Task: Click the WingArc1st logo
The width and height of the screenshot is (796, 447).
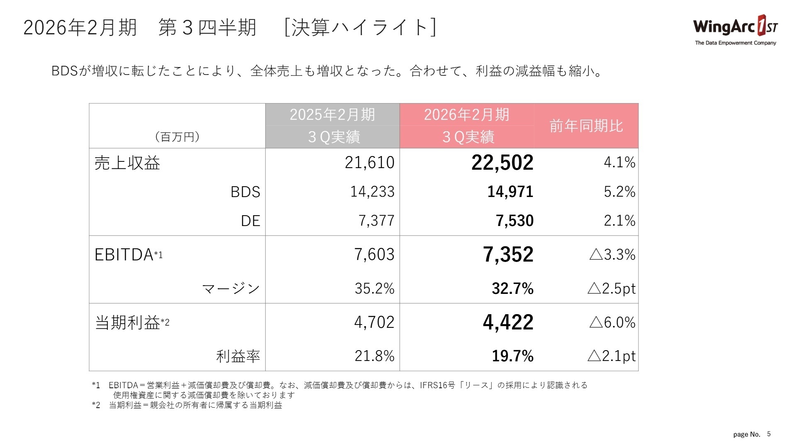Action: [735, 30]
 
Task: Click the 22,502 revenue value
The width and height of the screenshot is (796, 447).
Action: [502, 162]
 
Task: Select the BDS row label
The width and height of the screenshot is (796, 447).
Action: [245, 192]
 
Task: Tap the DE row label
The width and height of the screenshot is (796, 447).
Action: [250, 221]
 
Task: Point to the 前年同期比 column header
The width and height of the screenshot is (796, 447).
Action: [586, 126]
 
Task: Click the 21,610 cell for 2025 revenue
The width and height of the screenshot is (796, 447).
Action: [369, 162]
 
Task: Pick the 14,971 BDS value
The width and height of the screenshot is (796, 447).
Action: [510, 192]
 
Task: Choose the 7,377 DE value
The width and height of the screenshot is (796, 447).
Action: [376, 221]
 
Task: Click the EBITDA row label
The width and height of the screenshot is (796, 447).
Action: [124, 254]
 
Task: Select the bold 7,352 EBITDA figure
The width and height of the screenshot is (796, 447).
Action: [508, 254]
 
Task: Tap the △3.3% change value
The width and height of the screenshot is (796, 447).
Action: [612, 254]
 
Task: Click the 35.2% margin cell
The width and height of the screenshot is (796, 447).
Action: [374, 288]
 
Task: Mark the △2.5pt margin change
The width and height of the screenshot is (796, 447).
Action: [611, 288]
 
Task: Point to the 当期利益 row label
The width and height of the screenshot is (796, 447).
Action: [127, 322]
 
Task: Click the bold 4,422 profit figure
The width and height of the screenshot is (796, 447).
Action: [508, 322]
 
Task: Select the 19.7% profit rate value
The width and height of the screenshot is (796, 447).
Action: [512, 356]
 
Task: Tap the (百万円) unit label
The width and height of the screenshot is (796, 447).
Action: [177, 137]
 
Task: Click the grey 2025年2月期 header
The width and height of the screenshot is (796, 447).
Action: [332, 115]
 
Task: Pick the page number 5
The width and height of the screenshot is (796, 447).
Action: [769, 434]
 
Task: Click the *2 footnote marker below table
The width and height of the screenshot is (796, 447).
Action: [96, 405]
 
